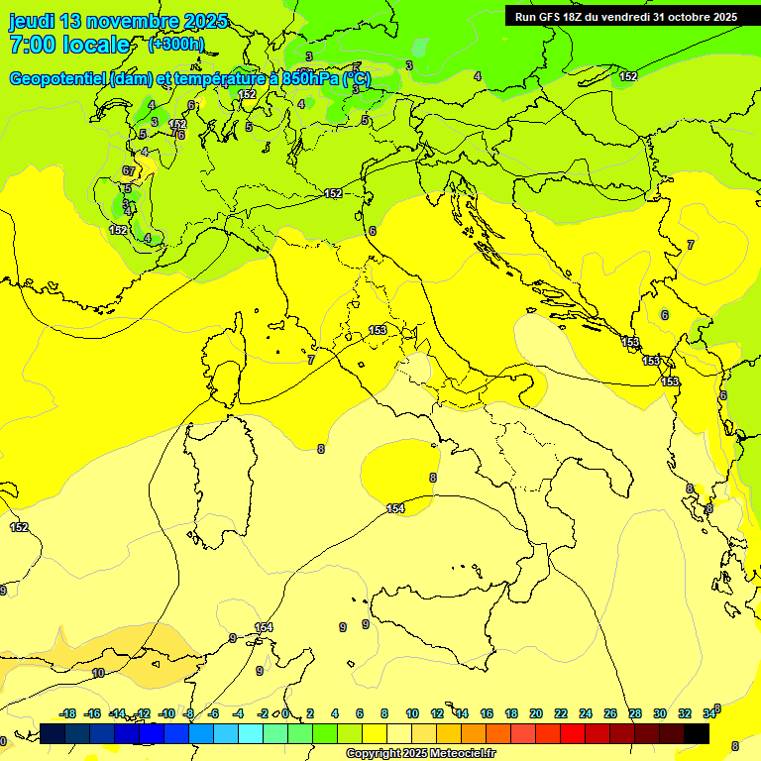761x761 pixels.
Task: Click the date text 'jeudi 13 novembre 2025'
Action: coord(118,21)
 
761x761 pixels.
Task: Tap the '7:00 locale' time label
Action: coord(69,45)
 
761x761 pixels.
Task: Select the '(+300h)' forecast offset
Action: coord(175,45)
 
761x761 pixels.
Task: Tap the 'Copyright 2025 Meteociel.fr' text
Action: coord(420,754)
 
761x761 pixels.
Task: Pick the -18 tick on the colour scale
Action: coord(67,713)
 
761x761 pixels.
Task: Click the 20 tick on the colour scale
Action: coord(536,713)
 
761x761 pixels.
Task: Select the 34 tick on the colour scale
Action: coord(709,713)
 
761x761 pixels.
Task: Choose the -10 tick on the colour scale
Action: coord(165,713)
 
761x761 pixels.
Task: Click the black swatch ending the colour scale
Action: coord(697,733)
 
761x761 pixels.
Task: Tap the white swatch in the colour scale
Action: coord(399,733)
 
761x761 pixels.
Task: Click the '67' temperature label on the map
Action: coord(129,171)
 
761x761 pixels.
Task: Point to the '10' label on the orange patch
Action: coord(98,673)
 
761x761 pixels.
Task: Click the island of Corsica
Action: coord(226,357)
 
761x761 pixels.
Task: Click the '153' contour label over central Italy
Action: coord(378,330)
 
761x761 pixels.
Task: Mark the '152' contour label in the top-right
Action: coord(628,76)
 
